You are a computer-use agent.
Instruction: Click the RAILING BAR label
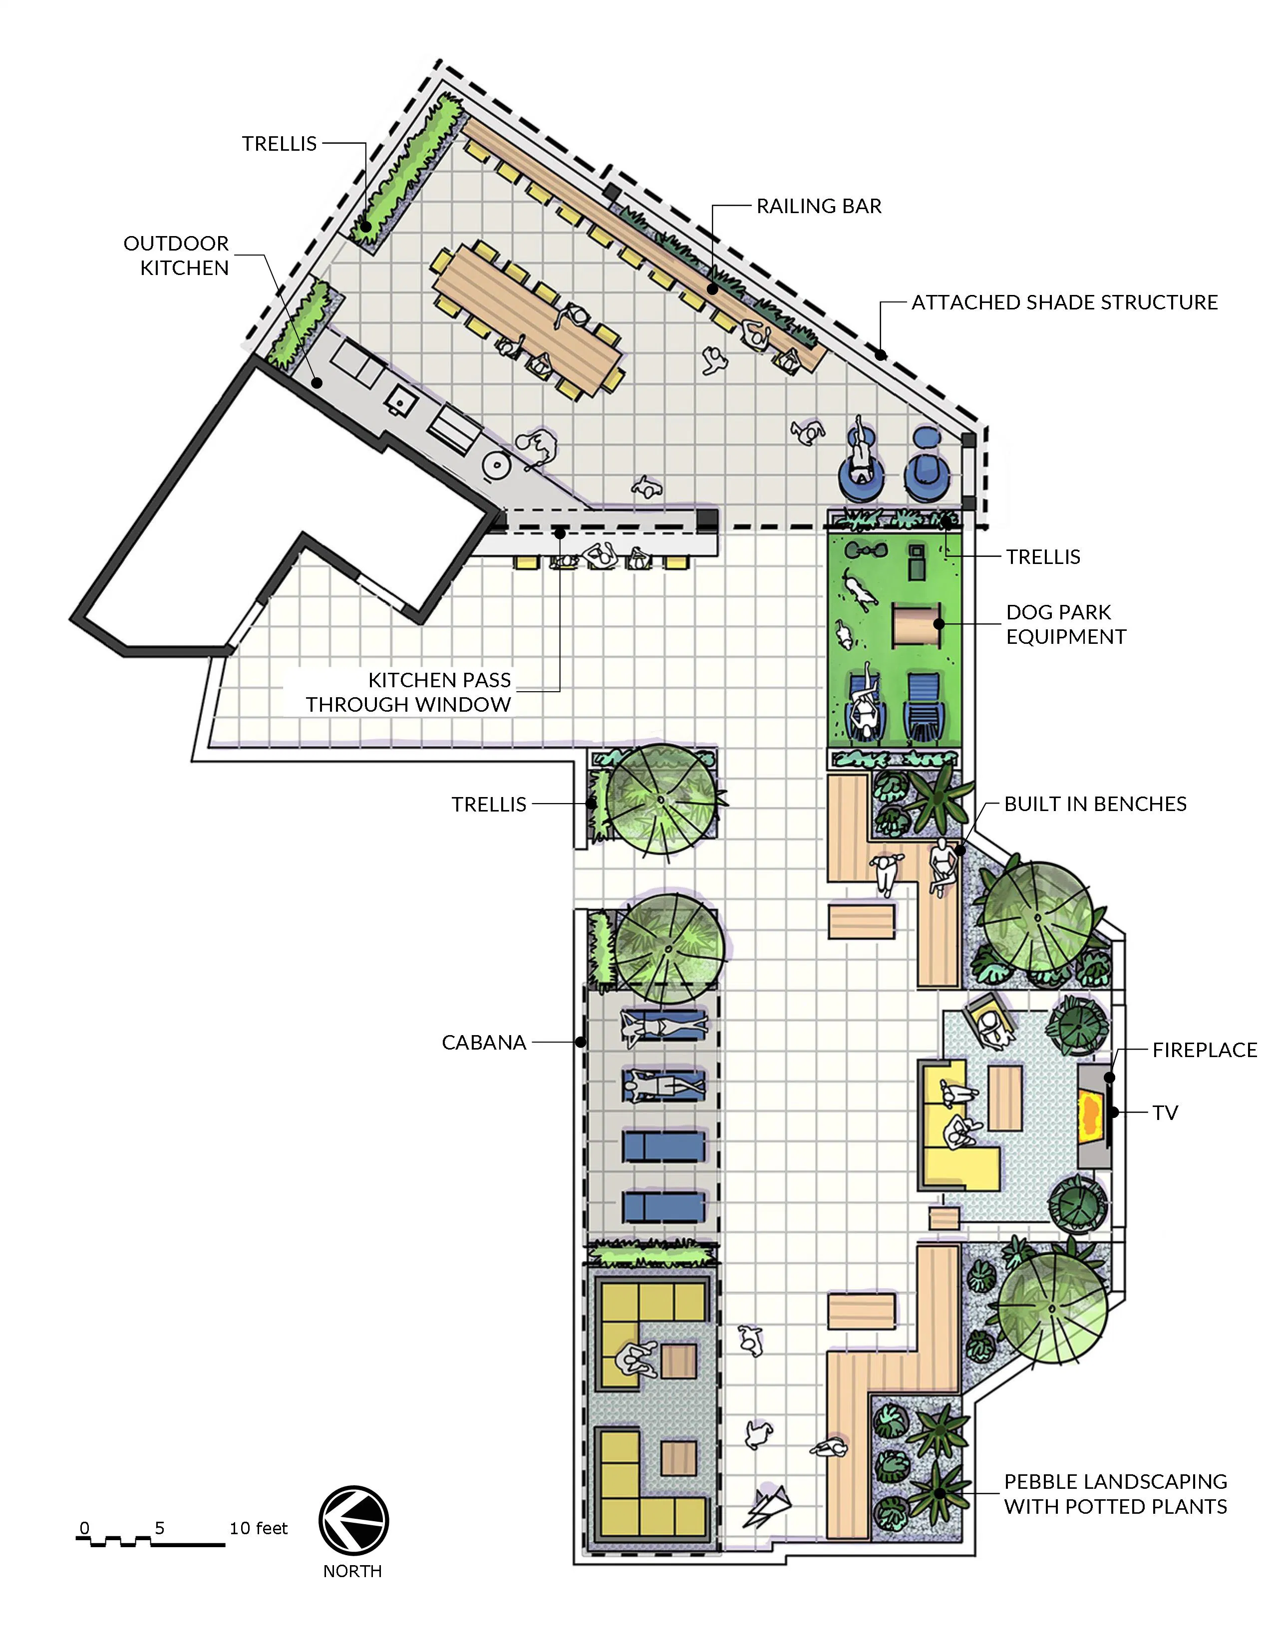pyautogui.click(x=819, y=206)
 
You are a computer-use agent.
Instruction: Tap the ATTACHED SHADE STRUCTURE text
pyautogui.click(x=1065, y=302)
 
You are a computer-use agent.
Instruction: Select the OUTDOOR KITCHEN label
pyautogui.click(x=176, y=256)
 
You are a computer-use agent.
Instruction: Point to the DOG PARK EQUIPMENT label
pyautogui.click(x=1066, y=624)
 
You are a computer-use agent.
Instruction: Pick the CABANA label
pyautogui.click(x=484, y=1043)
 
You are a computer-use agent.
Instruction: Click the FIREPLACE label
pyautogui.click(x=1205, y=1050)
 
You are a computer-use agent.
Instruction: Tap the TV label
pyautogui.click(x=1165, y=1112)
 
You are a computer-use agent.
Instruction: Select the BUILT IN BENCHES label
pyautogui.click(x=1095, y=804)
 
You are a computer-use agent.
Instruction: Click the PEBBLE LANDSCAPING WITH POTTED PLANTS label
pyautogui.click(x=1115, y=1494)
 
